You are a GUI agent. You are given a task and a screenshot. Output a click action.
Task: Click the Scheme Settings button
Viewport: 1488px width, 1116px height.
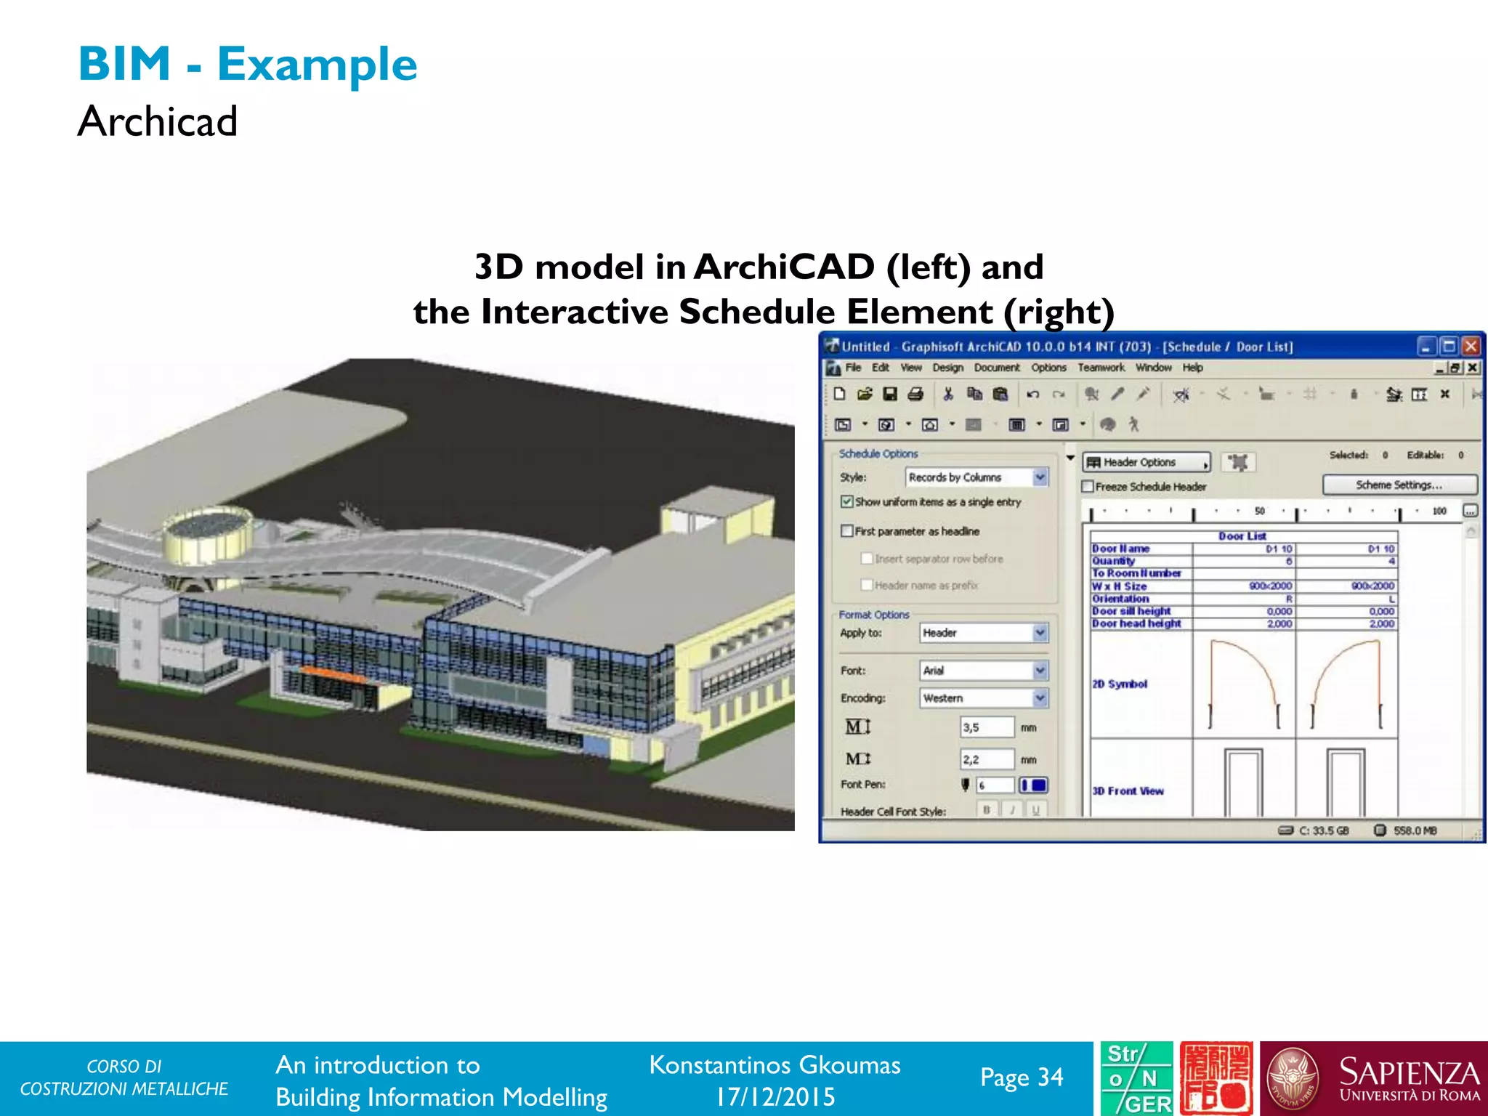click(1399, 485)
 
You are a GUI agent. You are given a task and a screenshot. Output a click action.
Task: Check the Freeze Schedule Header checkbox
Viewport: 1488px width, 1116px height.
click(1088, 487)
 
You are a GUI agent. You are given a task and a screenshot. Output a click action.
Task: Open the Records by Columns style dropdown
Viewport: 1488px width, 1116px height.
click(976, 477)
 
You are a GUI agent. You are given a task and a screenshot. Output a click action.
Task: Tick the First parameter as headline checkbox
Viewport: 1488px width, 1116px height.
click(847, 531)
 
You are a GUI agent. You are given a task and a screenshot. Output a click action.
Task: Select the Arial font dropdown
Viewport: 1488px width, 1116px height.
click(984, 670)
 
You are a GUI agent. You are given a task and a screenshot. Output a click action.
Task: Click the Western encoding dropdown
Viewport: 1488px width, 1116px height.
click(984, 698)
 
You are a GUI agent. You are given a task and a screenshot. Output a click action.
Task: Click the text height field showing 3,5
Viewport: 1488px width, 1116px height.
click(987, 727)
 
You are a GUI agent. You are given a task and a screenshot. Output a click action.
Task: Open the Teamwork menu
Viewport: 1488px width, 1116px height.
click(1101, 368)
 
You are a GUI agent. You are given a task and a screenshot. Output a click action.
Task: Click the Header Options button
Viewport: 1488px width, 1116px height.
click(1146, 462)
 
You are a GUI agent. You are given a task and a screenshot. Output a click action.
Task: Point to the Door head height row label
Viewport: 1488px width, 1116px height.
click(1136, 623)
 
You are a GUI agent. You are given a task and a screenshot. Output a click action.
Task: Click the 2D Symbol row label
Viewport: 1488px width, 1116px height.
click(1120, 684)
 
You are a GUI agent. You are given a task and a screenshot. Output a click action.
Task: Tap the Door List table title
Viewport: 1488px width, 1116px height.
click(1242, 536)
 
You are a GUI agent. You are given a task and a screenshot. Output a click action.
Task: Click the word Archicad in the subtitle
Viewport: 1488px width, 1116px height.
click(158, 121)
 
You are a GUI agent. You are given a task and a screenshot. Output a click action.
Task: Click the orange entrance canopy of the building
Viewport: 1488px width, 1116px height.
click(334, 674)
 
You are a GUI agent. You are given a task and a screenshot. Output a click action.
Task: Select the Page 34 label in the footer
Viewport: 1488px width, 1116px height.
click(1021, 1077)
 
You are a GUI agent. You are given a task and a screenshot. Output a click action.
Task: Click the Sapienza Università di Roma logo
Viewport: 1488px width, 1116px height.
click(1373, 1079)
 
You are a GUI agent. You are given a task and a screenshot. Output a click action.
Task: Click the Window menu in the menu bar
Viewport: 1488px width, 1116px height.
click(1153, 368)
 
